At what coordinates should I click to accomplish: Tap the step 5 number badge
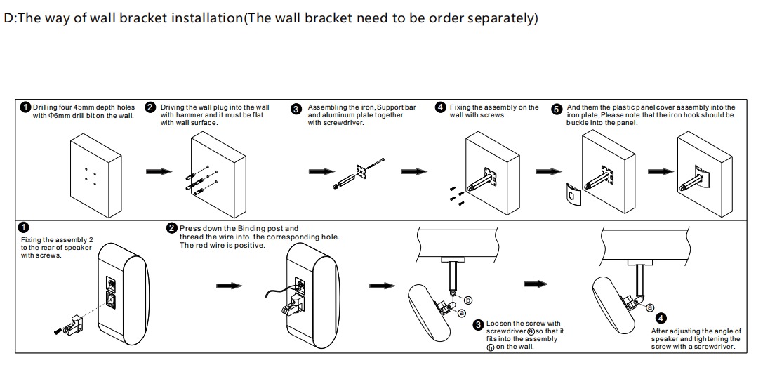[x=557, y=109]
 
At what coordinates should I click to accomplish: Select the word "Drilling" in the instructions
[x=46, y=107]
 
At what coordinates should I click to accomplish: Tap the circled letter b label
[x=468, y=300]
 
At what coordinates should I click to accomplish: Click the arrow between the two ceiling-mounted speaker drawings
[x=537, y=284]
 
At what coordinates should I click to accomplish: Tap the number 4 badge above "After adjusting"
[x=661, y=319]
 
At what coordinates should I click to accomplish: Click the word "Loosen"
[x=500, y=324]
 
